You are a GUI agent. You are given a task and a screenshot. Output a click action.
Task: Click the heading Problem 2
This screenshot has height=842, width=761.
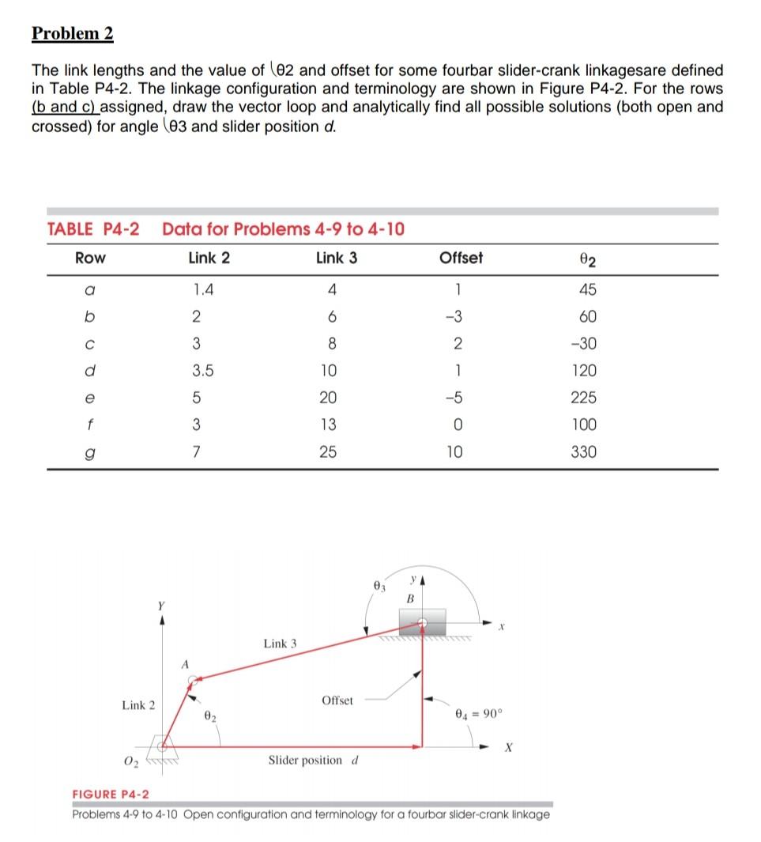click(x=73, y=34)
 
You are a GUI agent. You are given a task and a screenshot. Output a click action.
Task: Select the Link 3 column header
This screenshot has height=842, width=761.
click(x=336, y=258)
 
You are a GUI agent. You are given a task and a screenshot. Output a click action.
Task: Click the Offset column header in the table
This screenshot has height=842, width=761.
click(x=461, y=258)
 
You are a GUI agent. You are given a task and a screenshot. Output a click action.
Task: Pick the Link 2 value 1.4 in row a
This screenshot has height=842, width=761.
click(x=203, y=290)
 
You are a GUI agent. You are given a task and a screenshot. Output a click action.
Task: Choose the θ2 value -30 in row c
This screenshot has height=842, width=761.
click(x=587, y=344)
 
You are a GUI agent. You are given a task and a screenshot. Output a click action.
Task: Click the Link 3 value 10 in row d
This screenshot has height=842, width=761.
click(x=336, y=371)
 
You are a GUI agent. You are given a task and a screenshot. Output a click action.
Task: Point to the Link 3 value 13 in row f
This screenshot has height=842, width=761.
click(x=336, y=425)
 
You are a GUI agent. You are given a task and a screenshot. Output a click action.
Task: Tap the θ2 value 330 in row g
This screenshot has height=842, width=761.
click(x=587, y=451)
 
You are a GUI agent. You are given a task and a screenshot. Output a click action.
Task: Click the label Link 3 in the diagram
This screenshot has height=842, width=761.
click(x=280, y=644)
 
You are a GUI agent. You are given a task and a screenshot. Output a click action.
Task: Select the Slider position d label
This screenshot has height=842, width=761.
click(x=314, y=760)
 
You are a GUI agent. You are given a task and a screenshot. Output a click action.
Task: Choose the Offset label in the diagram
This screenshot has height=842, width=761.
click(x=337, y=700)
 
